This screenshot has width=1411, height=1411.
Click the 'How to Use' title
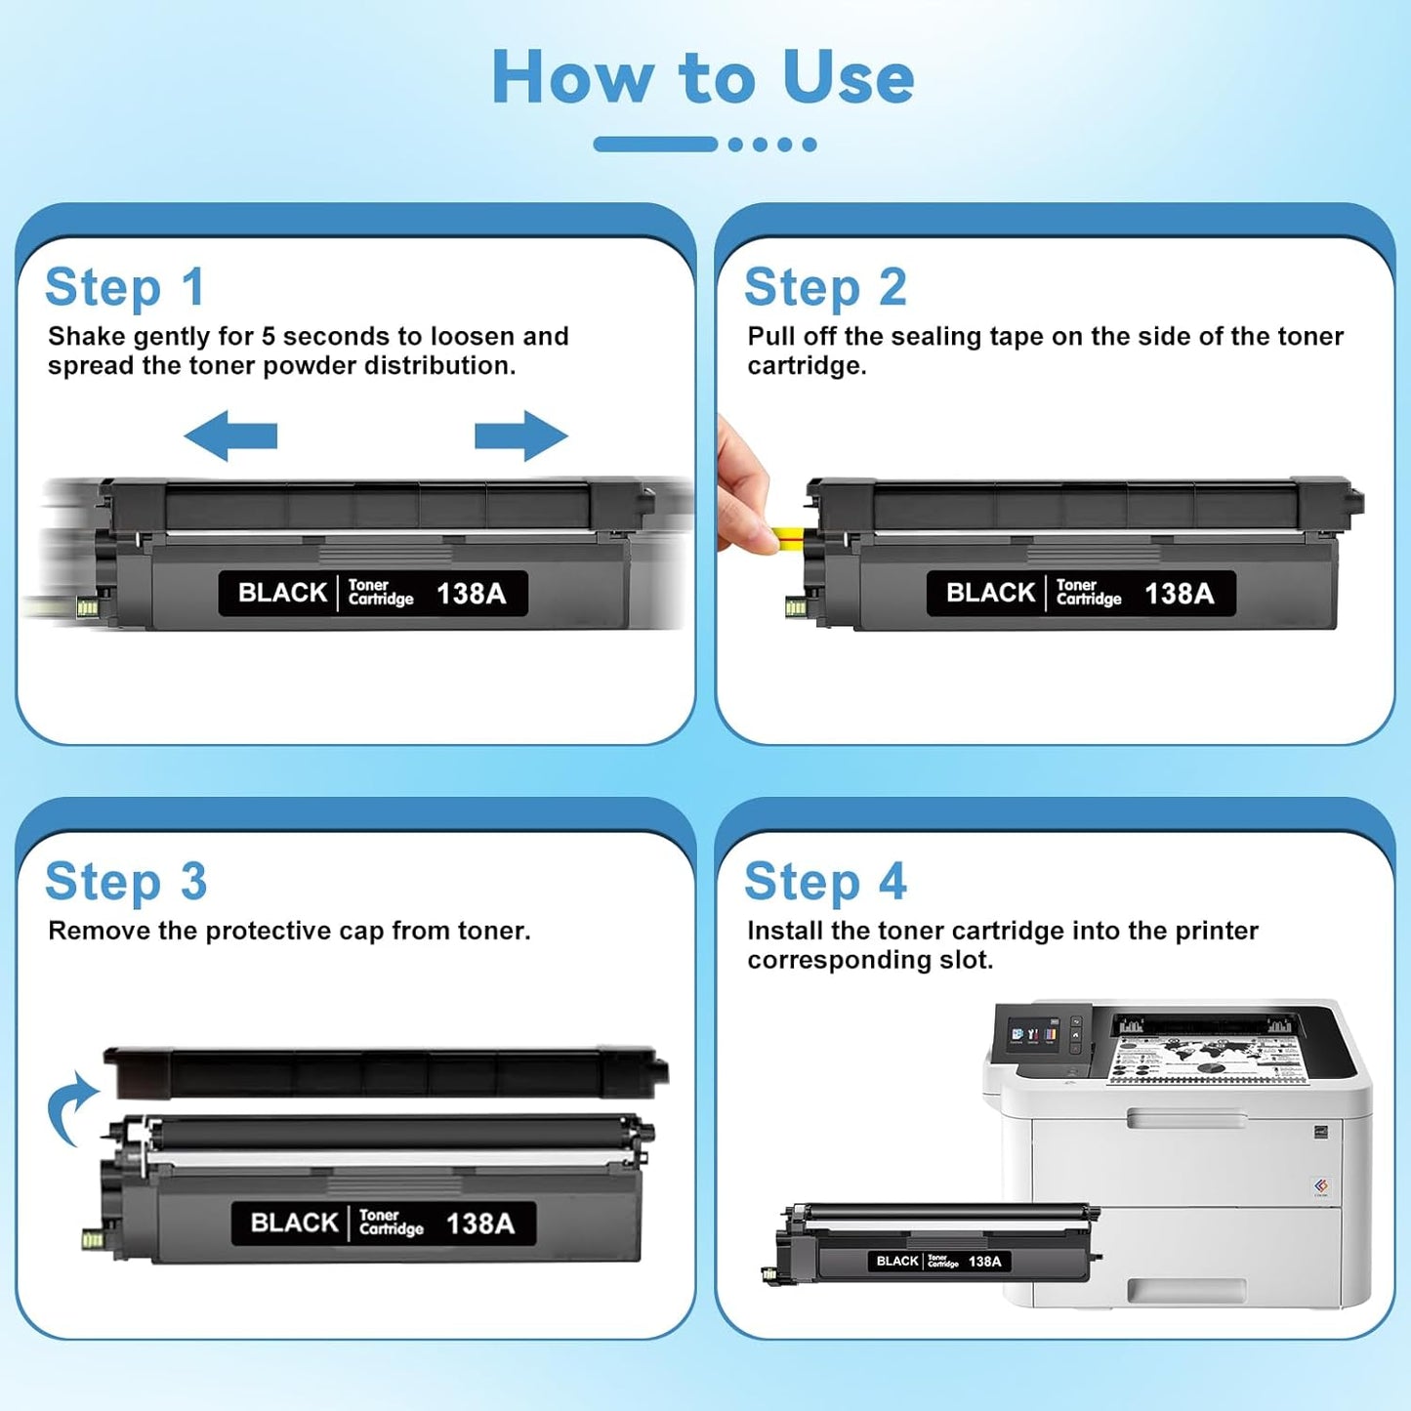tap(703, 77)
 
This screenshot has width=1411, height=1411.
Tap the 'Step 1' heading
tap(125, 288)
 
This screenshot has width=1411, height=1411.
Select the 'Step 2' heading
tap(825, 288)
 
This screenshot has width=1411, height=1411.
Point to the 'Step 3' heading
tap(126, 882)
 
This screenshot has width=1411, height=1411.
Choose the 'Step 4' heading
tap(825, 882)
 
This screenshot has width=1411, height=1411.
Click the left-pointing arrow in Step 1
tap(230, 436)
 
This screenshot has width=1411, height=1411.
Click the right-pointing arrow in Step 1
tap(521, 436)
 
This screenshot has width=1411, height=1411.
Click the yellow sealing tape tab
tap(787, 535)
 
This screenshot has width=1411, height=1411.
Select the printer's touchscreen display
tap(1033, 1034)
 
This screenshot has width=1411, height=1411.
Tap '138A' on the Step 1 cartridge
tap(471, 594)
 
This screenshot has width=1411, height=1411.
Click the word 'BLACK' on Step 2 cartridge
tap(990, 593)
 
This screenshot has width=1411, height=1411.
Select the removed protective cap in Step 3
tap(386, 1073)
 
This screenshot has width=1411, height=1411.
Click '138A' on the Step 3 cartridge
tap(479, 1224)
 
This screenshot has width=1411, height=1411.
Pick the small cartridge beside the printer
tap(933, 1243)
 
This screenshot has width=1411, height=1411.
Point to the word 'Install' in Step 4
tap(785, 931)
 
